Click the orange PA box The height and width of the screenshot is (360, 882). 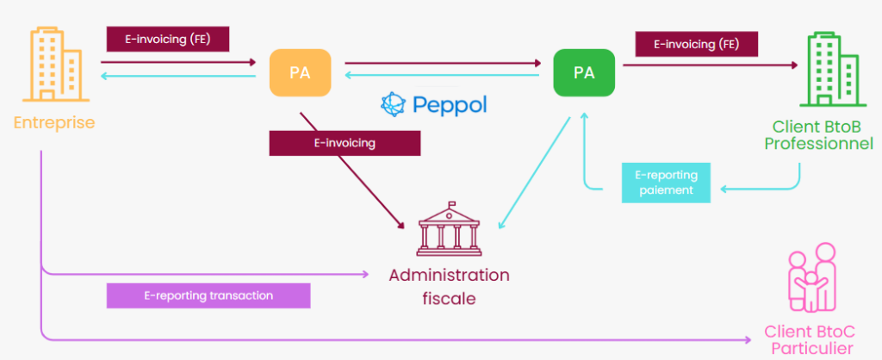pyautogui.click(x=300, y=73)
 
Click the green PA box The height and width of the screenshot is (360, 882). pyautogui.click(x=584, y=72)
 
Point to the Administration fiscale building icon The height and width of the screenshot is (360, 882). pyautogui.click(x=450, y=230)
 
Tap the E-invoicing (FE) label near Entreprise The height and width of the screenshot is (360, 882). pyautogui.click(x=168, y=38)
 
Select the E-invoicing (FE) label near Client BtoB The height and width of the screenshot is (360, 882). pyautogui.click(x=697, y=43)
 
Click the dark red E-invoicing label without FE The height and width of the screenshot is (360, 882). pyautogui.click(x=345, y=143)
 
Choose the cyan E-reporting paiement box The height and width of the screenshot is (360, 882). pyautogui.click(x=667, y=182)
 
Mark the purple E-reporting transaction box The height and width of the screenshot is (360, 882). pyautogui.click(x=208, y=295)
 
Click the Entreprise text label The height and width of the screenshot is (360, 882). pyautogui.click(x=54, y=123)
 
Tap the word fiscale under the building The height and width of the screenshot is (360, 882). pyautogui.click(x=449, y=297)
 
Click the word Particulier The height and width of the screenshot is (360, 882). pyautogui.click(x=811, y=349)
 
